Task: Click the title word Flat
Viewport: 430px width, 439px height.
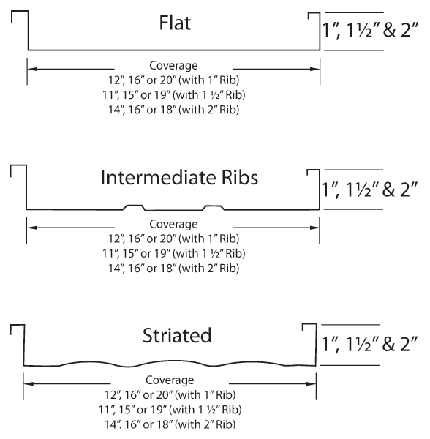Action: pos(175,23)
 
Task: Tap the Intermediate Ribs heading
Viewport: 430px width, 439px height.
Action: pos(179,178)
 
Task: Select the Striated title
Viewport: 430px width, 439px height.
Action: pos(177,335)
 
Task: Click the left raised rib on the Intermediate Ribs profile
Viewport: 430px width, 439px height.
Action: pos(135,208)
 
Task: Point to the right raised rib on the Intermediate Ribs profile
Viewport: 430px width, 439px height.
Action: pos(214,208)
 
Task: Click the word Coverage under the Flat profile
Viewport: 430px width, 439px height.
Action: pos(173,66)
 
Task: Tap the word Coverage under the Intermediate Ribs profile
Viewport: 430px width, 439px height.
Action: pos(173,224)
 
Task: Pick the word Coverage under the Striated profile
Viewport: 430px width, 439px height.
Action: pos(170,380)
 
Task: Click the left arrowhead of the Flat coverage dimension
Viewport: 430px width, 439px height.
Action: pos(32,69)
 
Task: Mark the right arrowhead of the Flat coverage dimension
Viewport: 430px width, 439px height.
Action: pos(315,69)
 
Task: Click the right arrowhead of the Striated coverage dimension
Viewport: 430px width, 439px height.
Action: pos(312,383)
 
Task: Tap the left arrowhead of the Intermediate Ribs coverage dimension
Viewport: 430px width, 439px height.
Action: pos(32,228)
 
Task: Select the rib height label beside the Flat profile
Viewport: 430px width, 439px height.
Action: pos(370,30)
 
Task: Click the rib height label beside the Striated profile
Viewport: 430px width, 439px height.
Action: pos(369,344)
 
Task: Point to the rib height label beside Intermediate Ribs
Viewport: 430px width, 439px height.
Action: pos(369,190)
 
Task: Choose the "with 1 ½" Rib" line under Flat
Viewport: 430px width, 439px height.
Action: pos(173,95)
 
